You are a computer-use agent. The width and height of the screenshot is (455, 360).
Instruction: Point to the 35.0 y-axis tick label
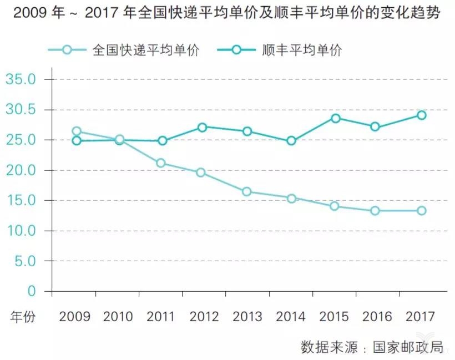point(21,79)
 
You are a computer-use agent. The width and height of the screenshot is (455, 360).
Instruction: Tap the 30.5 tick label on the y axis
point(21,110)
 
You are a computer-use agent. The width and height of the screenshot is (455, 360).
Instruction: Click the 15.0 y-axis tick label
point(21,201)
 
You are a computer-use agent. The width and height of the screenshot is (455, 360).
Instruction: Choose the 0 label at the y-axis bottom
point(32,291)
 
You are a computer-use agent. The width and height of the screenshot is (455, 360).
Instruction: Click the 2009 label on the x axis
point(74,317)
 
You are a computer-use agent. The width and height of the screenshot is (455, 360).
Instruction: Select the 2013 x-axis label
point(247,317)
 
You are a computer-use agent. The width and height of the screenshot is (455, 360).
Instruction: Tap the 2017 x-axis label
point(421,317)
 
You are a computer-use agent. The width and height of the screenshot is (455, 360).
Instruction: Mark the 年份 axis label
point(23,317)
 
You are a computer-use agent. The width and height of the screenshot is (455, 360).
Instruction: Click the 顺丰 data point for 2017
point(422,115)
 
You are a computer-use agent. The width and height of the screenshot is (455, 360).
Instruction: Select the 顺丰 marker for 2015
point(335,118)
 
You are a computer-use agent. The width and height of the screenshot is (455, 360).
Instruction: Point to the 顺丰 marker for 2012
point(202,127)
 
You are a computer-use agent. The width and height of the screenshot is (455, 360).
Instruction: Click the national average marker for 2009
point(77,131)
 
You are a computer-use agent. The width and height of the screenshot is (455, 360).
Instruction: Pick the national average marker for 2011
point(161,163)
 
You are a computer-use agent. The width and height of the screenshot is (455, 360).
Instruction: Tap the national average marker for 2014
point(291,199)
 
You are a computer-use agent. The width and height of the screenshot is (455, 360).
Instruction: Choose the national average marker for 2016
point(375,211)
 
